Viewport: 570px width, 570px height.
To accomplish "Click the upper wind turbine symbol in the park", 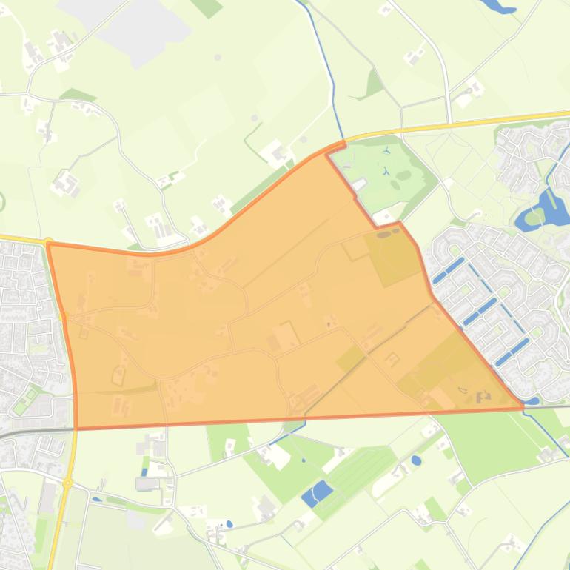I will (386, 151).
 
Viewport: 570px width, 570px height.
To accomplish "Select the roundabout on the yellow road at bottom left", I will (67, 483).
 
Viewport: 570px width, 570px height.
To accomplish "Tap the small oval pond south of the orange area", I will (416, 460).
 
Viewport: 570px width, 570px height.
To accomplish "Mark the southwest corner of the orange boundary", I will (76, 427).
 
